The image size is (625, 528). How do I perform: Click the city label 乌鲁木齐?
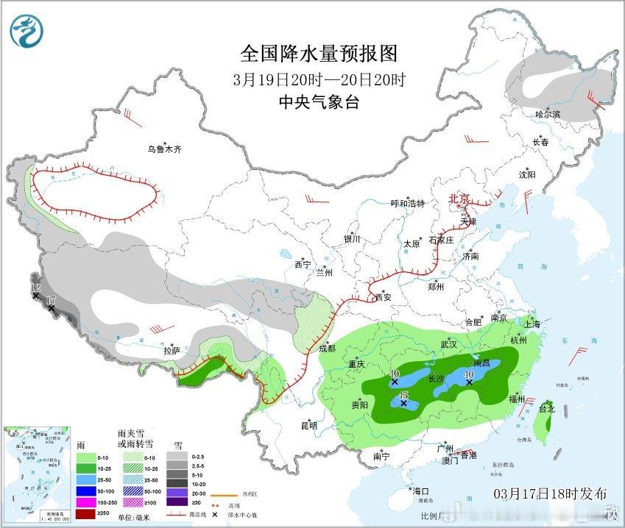click(164, 149)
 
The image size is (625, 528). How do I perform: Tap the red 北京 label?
click(460, 199)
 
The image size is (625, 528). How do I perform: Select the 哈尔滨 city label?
click(548, 114)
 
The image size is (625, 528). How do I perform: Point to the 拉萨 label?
click(172, 351)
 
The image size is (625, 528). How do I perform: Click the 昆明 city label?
click(309, 425)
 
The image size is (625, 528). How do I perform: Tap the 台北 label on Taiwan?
click(546, 408)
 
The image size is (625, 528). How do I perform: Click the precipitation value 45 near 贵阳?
click(403, 396)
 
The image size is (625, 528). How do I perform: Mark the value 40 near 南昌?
click(469, 374)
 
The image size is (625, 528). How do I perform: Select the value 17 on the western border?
click(50, 300)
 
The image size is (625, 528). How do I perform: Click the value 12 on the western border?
click(35, 288)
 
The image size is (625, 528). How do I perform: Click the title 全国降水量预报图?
click(319, 54)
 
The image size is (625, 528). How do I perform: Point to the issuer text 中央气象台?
click(319, 102)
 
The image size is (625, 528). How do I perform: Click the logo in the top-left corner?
click(27, 29)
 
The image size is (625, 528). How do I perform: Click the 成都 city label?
click(328, 348)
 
